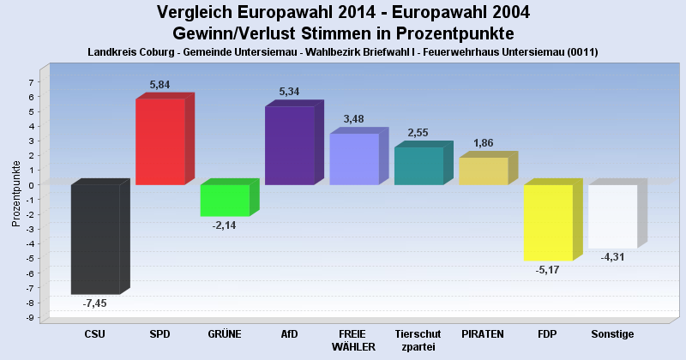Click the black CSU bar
tap(95, 239)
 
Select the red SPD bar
tap(160, 141)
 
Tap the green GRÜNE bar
tap(225, 200)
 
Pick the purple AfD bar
tap(289, 146)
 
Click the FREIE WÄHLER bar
tap(354, 159)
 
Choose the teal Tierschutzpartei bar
tap(418, 166)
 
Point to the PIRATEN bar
tap(483, 171)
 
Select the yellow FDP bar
tap(548, 222)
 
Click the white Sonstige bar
tap(612, 216)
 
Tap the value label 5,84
tap(161, 85)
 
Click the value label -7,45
tap(94, 303)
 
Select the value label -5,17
tap(547, 270)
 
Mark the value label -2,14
tap(224, 225)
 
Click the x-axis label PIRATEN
tap(482, 333)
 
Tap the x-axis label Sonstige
tap(612, 333)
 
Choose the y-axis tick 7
tap(31, 82)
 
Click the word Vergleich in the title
tap(197, 12)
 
